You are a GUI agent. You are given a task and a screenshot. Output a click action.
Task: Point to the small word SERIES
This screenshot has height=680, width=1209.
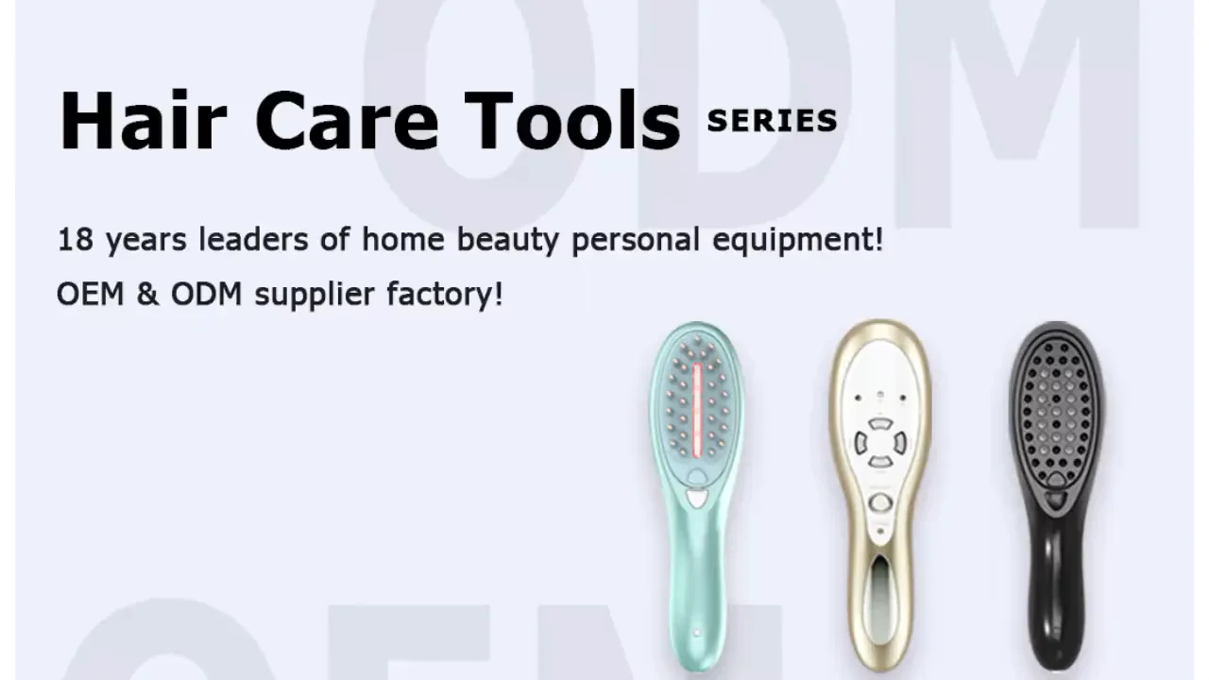(772, 121)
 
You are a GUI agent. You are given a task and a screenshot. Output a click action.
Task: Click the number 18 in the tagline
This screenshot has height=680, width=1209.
(75, 240)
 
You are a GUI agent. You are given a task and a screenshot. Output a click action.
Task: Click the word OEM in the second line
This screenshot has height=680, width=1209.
(90, 294)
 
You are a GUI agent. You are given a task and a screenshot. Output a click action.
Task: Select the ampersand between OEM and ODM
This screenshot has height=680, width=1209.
(147, 294)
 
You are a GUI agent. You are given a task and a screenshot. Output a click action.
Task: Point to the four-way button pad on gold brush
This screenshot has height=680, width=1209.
(879, 442)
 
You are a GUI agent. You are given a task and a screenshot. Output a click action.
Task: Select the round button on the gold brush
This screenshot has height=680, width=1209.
(880, 502)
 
